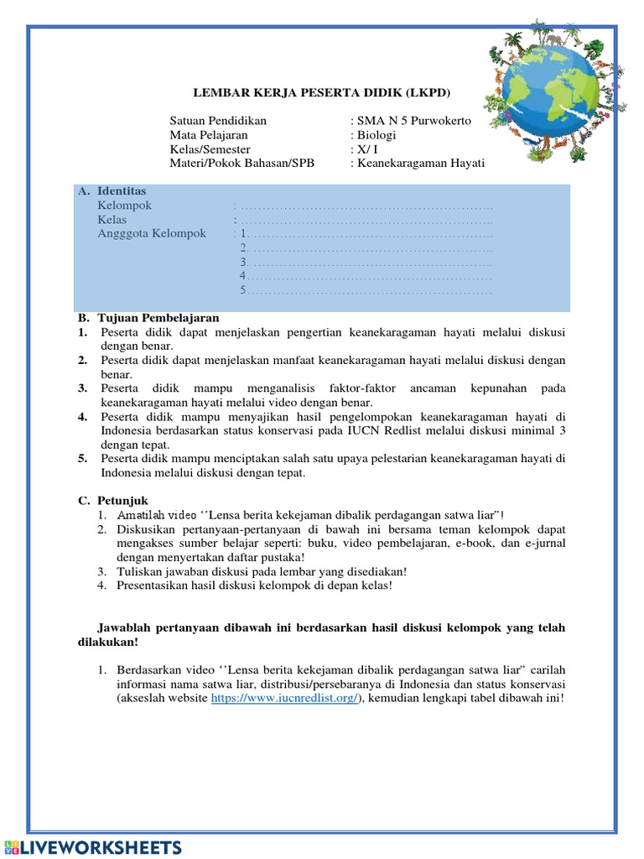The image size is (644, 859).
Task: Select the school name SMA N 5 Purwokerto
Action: [x=414, y=121]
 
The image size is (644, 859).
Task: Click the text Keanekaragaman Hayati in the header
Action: [x=421, y=164]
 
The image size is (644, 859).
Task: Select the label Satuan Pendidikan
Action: [x=218, y=121]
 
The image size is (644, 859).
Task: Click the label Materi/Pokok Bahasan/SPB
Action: [x=241, y=164]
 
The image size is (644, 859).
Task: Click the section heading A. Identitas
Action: [x=112, y=191]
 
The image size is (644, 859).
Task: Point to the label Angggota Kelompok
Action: [x=152, y=234]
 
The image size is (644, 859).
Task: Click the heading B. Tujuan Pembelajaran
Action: [x=148, y=318]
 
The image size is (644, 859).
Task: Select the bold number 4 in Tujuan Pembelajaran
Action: [x=83, y=417]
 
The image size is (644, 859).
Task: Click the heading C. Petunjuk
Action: [x=113, y=501]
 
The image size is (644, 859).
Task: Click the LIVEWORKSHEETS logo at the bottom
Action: [x=92, y=846]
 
